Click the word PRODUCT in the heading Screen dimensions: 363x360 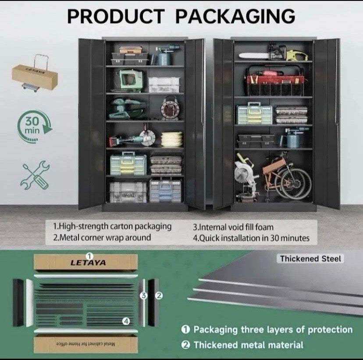[116, 16]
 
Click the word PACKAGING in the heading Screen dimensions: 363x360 [235, 16]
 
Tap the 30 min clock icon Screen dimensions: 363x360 [35, 127]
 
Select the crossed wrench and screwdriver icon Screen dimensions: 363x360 [35, 175]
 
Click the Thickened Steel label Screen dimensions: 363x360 [310, 259]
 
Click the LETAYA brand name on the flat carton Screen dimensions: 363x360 [88, 263]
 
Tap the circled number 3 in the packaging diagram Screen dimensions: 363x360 [144, 295]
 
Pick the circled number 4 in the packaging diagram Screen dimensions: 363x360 [126, 321]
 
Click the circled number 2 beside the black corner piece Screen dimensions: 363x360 [159, 295]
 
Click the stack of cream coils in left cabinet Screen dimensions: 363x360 [172, 139]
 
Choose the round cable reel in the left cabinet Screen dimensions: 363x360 [170, 109]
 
